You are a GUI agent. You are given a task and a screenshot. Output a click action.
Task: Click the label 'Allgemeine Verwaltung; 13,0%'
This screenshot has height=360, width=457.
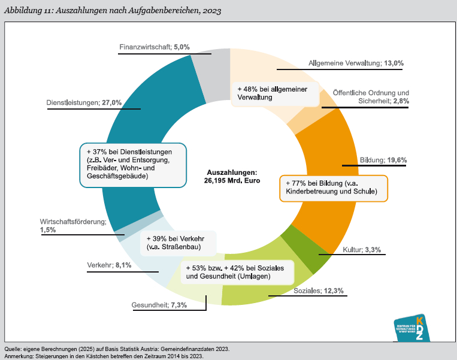[356, 63]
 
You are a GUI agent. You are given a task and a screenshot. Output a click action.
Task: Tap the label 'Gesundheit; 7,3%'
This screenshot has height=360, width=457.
[159, 305]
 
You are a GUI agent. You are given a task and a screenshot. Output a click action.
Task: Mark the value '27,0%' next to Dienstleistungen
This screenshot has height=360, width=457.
[111, 102]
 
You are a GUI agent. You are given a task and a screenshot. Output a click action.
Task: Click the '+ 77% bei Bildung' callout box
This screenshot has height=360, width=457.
[334, 187]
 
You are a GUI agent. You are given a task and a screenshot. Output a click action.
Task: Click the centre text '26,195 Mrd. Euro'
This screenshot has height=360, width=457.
[232, 180]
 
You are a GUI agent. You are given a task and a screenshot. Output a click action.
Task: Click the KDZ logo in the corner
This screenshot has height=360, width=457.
[413, 328]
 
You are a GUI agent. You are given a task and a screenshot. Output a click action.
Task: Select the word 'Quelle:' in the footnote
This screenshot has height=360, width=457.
[13, 349]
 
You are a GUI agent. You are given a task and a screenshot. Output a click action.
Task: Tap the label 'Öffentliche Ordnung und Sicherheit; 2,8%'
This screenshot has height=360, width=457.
[371, 97]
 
